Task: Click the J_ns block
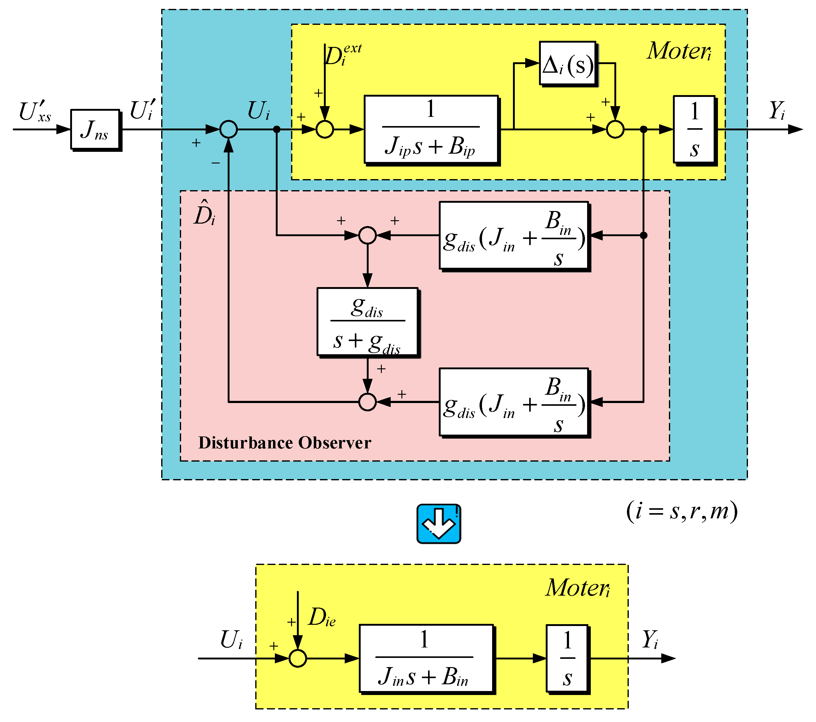pyautogui.click(x=95, y=129)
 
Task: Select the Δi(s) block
pyautogui.click(x=567, y=63)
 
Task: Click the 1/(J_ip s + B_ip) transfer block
pyautogui.click(x=431, y=129)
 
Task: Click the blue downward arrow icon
pyautogui.click(x=438, y=524)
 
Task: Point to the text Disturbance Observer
pyautogui.click(x=285, y=443)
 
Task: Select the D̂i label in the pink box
pyautogui.click(x=204, y=213)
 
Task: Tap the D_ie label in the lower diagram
pyautogui.click(x=322, y=617)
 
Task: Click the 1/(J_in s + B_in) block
pyautogui.click(x=426, y=658)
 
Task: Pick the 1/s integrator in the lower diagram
pyautogui.click(x=567, y=658)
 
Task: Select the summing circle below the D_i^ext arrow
pyautogui.click(x=325, y=129)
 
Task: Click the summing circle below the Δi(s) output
pyautogui.click(x=615, y=129)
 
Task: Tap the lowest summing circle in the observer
pyautogui.click(x=367, y=402)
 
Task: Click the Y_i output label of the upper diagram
pyautogui.click(x=776, y=111)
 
